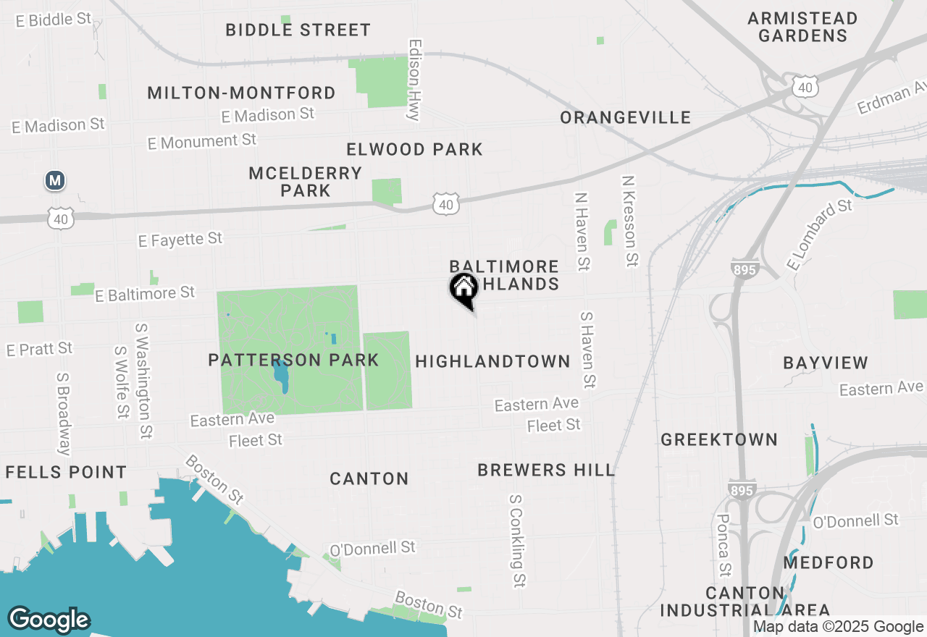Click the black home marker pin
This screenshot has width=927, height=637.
464,290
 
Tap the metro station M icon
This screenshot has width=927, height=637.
55,180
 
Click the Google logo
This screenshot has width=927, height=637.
49,620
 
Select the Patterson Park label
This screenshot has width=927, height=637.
293,360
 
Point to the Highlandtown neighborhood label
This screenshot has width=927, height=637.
493,361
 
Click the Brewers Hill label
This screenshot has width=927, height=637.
546,470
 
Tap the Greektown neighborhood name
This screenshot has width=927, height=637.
719,439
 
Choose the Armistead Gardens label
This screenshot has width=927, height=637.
802,27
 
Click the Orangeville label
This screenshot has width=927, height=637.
626,117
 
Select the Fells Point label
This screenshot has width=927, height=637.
66,473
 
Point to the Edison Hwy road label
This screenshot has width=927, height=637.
415,80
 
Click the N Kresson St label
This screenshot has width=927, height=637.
629,221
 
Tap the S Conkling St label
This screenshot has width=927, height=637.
517,541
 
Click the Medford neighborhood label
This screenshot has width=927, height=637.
829,562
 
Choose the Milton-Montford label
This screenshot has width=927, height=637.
241,93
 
